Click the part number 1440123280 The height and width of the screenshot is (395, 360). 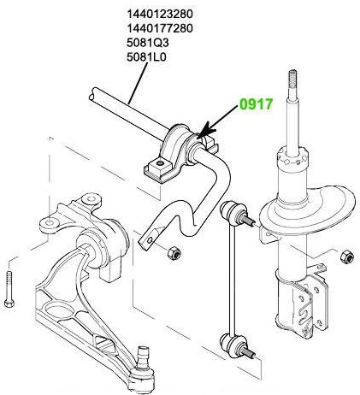[160, 14]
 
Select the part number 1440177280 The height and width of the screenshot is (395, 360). [160, 28]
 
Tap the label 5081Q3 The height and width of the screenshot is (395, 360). [148, 43]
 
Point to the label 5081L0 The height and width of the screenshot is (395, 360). [146, 57]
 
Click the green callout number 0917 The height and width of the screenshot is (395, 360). [257, 104]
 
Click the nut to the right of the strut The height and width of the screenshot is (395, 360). [347, 256]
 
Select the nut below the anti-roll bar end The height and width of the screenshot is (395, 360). [174, 252]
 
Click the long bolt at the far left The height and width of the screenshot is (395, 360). [9, 289]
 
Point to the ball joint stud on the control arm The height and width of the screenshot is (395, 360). [144, 357]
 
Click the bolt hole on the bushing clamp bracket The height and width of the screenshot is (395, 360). [160, 163]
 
